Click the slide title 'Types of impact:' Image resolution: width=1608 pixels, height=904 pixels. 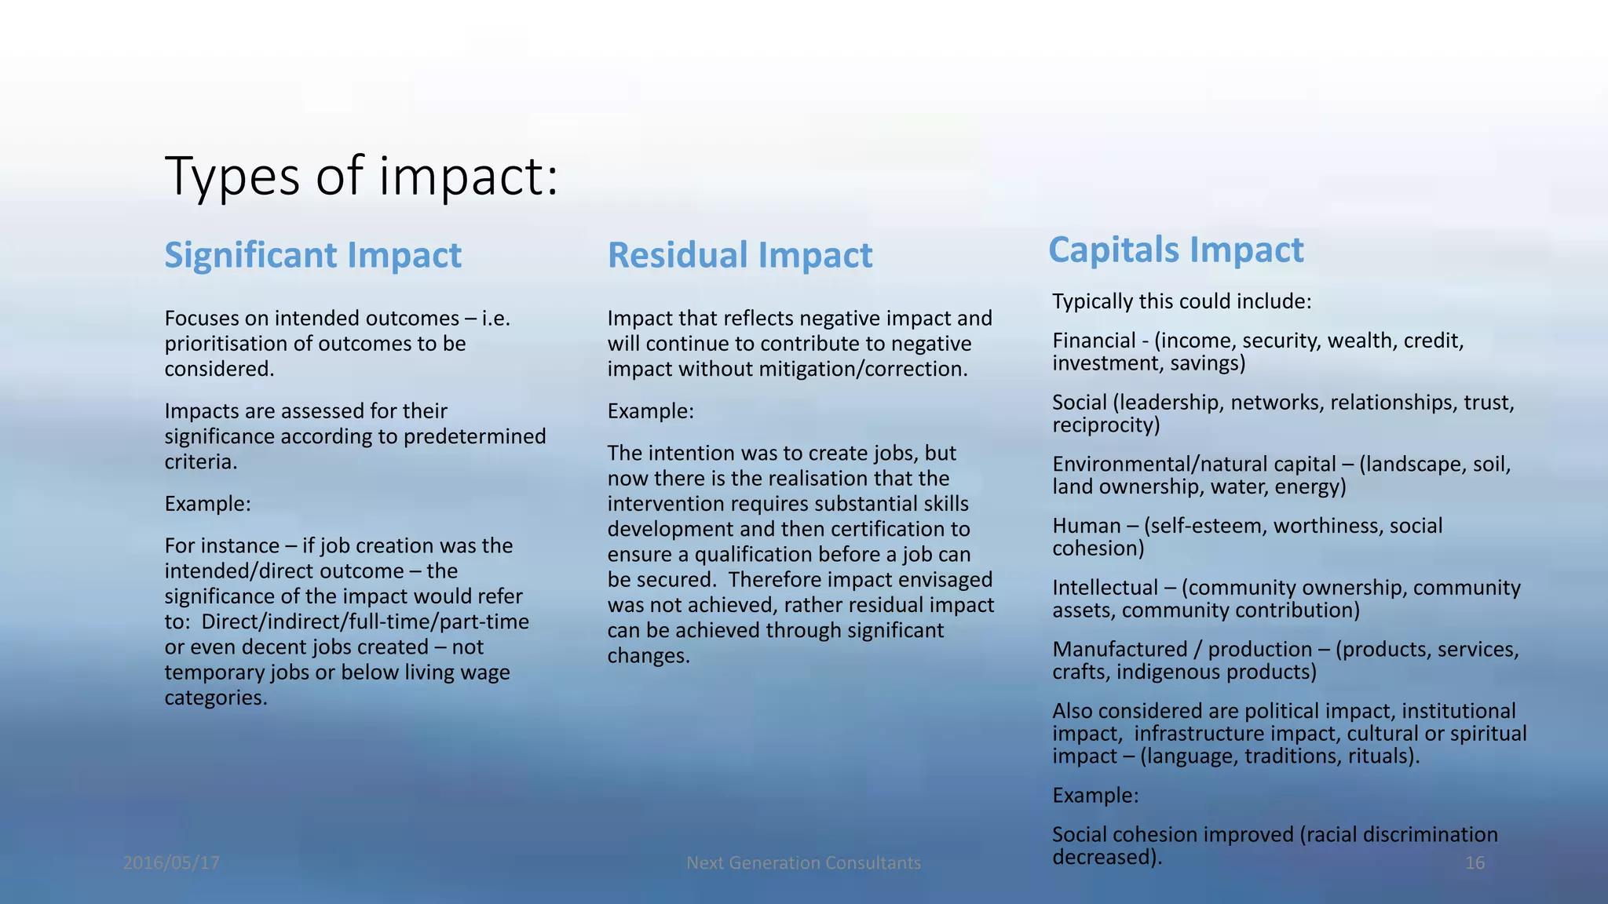tap(361, 176)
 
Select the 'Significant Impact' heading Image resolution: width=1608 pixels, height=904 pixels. tap(312, 256)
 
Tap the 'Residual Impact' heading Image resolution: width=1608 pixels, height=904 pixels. tap(740, 256)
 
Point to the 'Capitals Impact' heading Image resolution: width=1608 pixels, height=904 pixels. tap(1175, 250)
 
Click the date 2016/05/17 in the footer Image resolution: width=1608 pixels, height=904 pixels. tap(171, 863)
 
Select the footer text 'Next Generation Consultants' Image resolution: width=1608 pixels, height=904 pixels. tap(803, 863)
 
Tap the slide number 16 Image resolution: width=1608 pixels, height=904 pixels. tap(1475, 863)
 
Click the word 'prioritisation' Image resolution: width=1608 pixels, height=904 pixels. tap(225, 344)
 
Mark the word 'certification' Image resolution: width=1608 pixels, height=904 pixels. tap(888, 529)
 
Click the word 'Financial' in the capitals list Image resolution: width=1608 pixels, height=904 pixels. tap(1094, 341)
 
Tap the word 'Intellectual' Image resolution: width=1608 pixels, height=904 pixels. tap(1105, 588)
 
